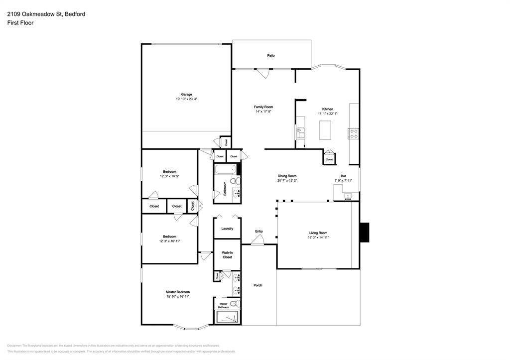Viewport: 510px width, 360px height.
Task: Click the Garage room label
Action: pyautogui.click(x=186, y=95)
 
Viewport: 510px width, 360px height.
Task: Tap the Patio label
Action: pyautogui.click(x=271, y=56)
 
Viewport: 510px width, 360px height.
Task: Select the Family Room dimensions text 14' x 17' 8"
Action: pyautogui.click(x=263, y=112)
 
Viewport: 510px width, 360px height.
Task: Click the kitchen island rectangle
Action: pyautogui.click(x=326, y=129)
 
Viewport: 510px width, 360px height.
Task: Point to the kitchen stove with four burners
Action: pyautogui.click(x=354, y=133)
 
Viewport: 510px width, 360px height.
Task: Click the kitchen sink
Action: pyautogui.click(x=300, y=133)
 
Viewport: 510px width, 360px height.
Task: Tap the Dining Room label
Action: pyautogui.click(x=287, y=176)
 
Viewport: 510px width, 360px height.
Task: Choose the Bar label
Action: pyautogui.click(x=343, y=176)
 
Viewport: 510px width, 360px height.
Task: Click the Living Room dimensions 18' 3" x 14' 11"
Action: pyautogui.click(x=318, y=238)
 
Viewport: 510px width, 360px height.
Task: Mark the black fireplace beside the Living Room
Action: pyautogui.click(x=365, y=232)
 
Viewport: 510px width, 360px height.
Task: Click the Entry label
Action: pyautogui.click(x=259, y=231)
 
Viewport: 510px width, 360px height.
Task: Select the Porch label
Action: pyautogui.click(x=258, y=285)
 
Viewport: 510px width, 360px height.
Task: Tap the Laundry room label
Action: pyautogui.click(x=227, y=229)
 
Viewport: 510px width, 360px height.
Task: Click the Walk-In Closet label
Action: pyautogui.click(x=227, y=255)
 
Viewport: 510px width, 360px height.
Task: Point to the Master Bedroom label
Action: pyautogui.click(x=178, y=292)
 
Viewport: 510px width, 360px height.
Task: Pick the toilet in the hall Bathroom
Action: pyautogui.click(x=238, y=180)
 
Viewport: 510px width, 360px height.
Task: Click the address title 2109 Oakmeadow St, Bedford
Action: pyautogui.click(x=46, y=14)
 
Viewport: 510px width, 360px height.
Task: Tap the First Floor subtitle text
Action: pyautogui.click(x=20, y=23)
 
